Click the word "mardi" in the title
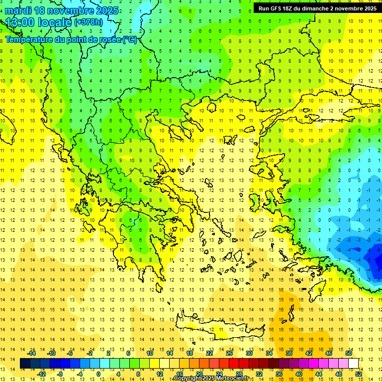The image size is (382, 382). pyautogui.click(x=19, y=10)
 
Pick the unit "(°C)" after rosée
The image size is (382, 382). pyautogui.click(x=130, y=39)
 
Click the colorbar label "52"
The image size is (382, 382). pyautogui.click(x=358, y=374)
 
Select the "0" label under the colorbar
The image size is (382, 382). pyautogui.click(x=98, y=374)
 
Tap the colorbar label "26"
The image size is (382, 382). pyautogui.click(x=229, y=353)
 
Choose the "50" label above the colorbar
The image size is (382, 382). pyautogui.click(x=349, y=353)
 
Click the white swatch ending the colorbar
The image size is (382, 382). pyautogui.click(x=353, y=364)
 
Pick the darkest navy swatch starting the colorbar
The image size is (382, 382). pyautogui.click(x=25, y=364)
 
